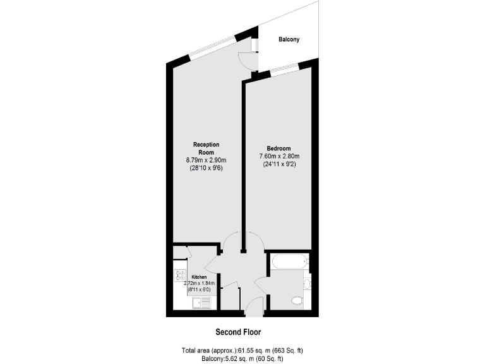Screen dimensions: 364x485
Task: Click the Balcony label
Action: [289, 40]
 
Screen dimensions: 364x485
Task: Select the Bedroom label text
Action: [278, 149]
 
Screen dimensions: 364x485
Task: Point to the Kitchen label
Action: [199, 277]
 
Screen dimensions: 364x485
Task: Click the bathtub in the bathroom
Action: [288, 260]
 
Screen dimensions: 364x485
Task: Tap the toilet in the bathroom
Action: [297, 301]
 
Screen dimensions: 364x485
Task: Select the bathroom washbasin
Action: [307, 283]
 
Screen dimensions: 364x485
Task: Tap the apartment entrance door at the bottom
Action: [254, 307]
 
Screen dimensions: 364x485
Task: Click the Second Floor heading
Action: [238, 332]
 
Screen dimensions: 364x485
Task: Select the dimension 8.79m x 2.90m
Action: [205, 161]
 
